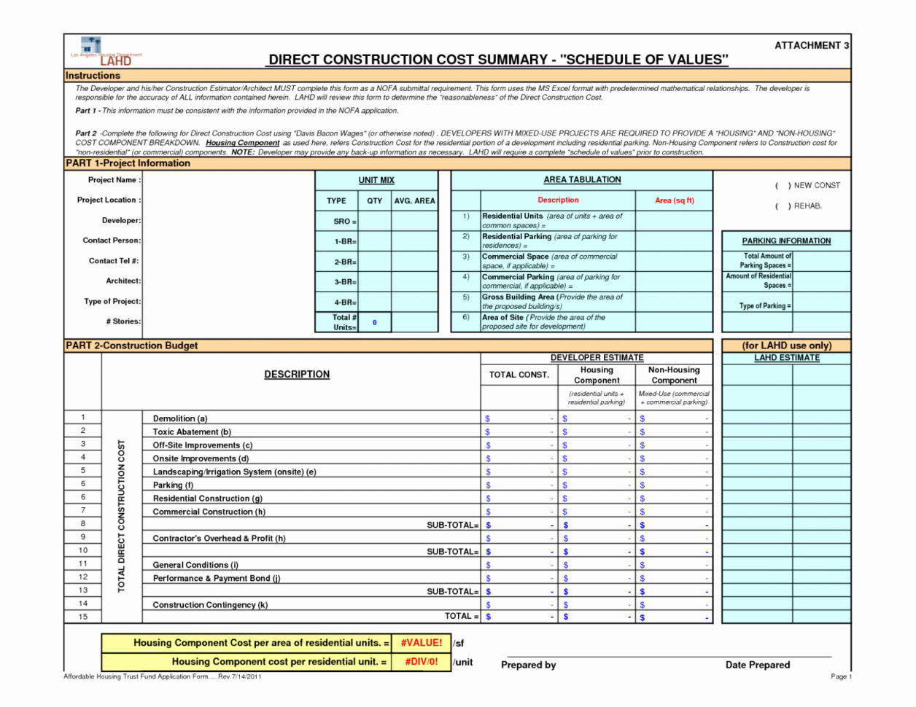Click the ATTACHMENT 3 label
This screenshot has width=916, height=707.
tap(811, 45)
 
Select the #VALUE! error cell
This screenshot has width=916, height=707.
tap(421, 643)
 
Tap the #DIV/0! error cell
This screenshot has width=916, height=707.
tap(421, 662)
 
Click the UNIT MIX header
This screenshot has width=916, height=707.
tap(376, 180)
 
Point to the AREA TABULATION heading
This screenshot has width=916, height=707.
tap(582, 179)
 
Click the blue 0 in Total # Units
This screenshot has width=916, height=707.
tap(375, 322)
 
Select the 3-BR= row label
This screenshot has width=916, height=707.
tap(345, 282)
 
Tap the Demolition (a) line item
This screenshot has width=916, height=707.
tap(180, 418)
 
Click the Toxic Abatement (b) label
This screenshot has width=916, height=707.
tap(192, 431)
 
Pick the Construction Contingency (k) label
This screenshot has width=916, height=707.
tap(210, 604)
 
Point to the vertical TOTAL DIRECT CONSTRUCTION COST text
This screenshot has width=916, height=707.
tap(121, 516)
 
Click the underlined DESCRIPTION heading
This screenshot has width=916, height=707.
tap(297, 374)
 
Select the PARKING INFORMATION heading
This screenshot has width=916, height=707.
tap(786, 241)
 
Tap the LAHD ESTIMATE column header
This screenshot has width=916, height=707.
tap(786, 358)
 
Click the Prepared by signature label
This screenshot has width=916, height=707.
tap(528, 665)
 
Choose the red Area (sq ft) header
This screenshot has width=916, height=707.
tap(674, 200)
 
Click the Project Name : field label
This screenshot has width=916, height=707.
tap(114, 180)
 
